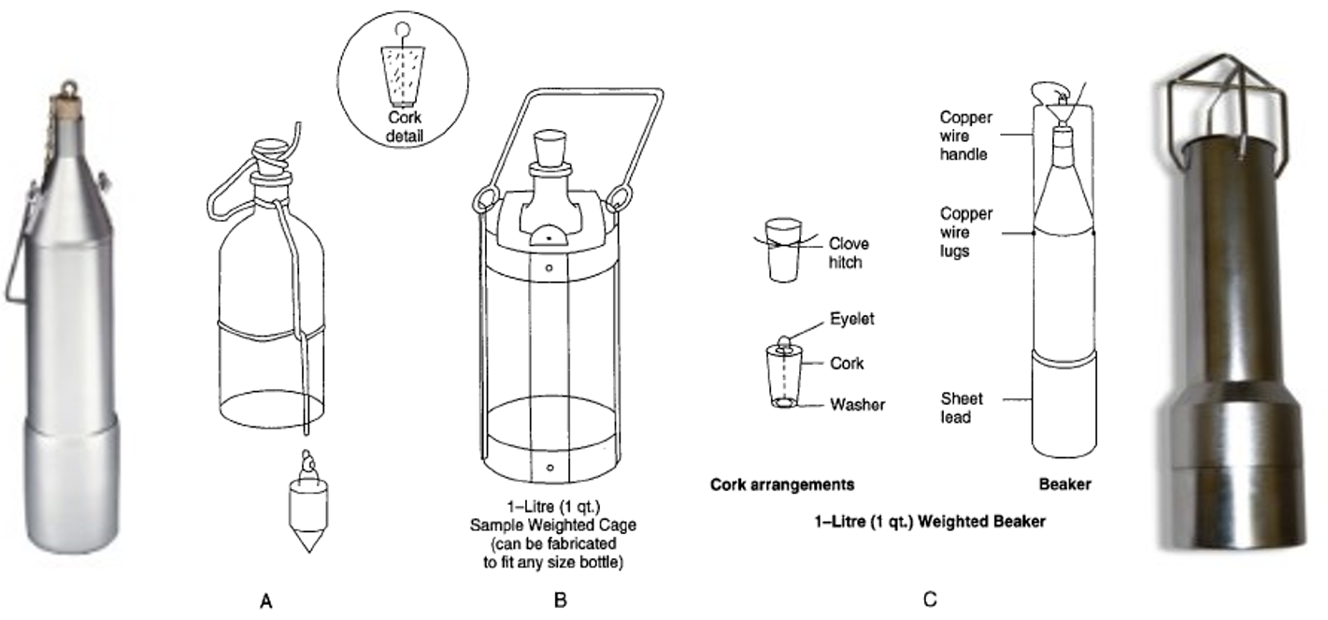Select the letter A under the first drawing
266,600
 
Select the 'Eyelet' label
852,319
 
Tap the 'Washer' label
856,405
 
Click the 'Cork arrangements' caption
782,485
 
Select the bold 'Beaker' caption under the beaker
1065,485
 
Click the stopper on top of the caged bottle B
547,148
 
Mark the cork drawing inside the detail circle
403,70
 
